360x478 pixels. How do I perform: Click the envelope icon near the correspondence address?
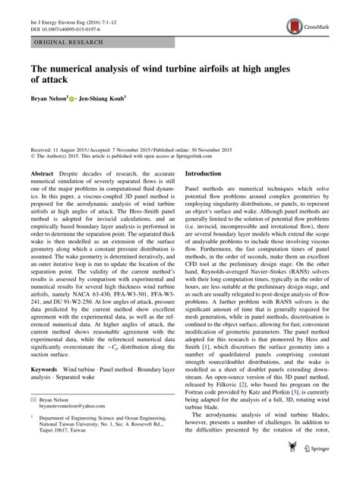33,419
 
